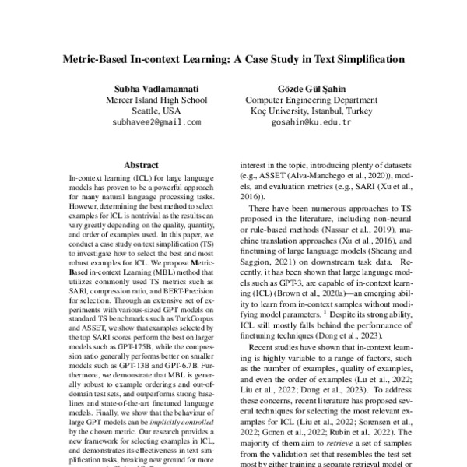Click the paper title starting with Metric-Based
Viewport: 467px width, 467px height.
click(233, 58)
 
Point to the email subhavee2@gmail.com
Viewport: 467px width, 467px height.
click(156, 122)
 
